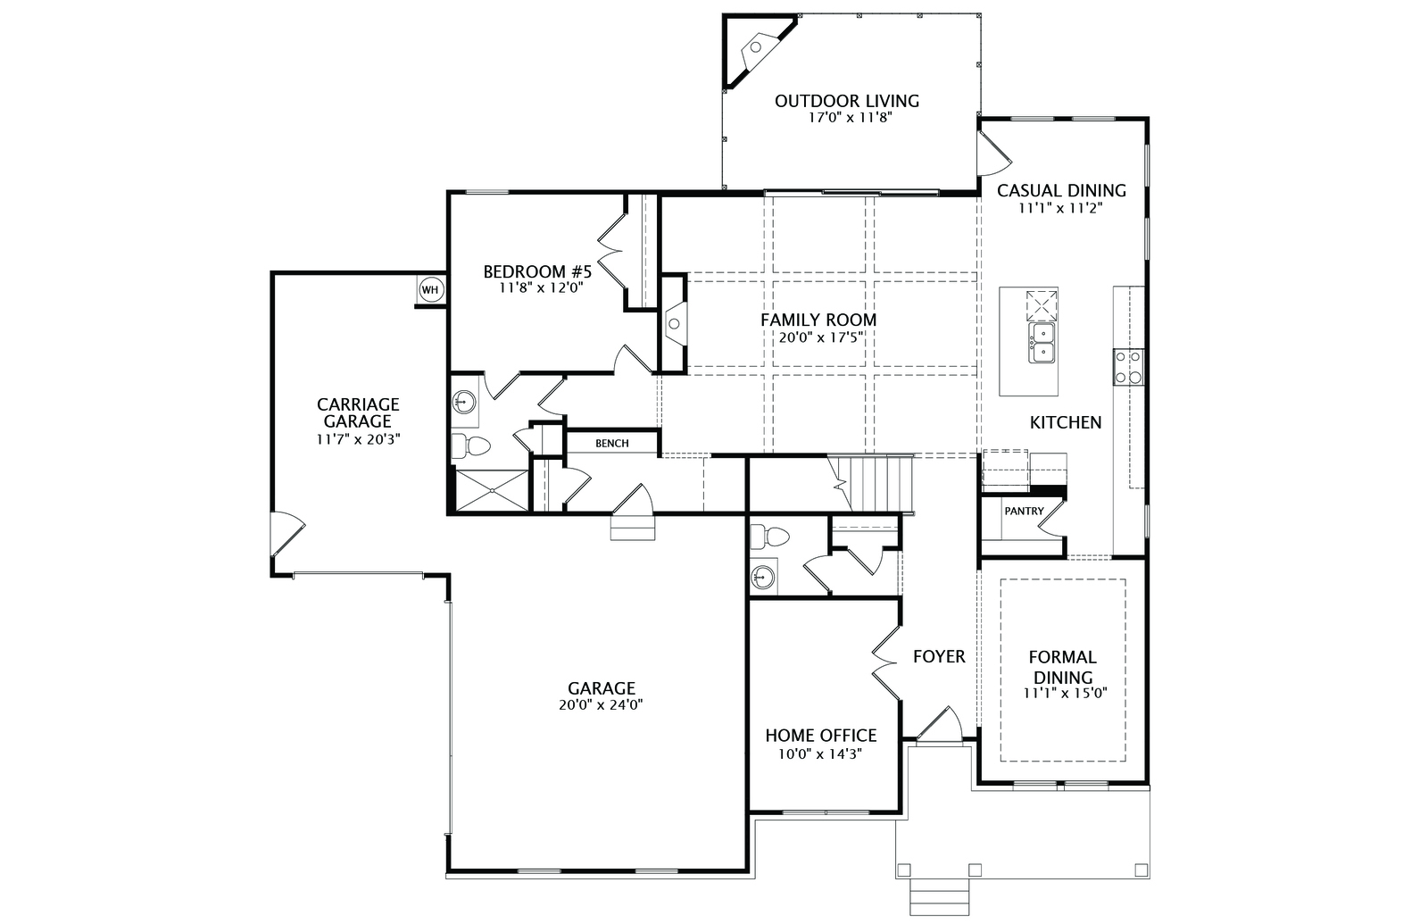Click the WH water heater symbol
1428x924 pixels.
click(x=430, y=290)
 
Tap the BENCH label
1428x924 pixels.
click(x=612, y=444)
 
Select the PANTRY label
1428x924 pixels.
click(x=1025, y=511)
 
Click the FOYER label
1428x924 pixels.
click(x=939, y=657)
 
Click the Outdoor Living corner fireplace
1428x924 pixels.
click(x=759, y=50)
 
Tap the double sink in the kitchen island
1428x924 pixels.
click(x=1041, y=343)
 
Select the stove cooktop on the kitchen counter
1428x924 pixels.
click(x=1128, y=367)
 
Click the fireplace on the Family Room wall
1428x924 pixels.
click(x=675, y=323)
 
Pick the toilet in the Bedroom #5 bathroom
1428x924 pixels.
click(x=470, y=445)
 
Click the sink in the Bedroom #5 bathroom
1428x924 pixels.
click(x=463, y=403)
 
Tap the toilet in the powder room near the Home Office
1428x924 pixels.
click(x=769, y=537)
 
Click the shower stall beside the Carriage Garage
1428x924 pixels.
click(x=492, y=490)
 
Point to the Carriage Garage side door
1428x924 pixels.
click(x=286, y=533)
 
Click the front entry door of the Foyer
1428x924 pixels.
click(x=939, y=724)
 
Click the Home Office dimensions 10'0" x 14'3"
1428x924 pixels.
click(x=820, y=754)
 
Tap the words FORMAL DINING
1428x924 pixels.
click(x=1063, y=667)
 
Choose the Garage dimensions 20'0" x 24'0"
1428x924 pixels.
click(x=602, y=704)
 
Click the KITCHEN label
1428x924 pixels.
click(x=1066, y=422)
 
